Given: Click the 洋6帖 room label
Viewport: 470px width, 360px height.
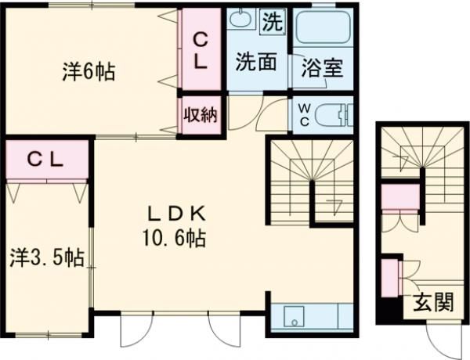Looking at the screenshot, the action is pyautogui.click(x=89, y=71).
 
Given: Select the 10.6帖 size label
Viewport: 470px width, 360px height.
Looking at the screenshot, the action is pyautogui.click(x=175, y=238).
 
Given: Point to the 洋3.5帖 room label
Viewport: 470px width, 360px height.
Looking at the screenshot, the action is pyautogui.click(x=47, y=257).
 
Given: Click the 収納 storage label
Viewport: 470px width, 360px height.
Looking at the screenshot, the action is pyautogui.click(x=201, y=114).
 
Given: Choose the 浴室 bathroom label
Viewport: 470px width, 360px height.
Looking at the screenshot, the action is pyautogui.click(x=322, y=67).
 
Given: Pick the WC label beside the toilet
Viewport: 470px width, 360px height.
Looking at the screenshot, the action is pyautogui.click(x=305, y=115).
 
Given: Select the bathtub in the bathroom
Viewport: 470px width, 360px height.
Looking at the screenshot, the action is pyautogui.click(x=323, y=27).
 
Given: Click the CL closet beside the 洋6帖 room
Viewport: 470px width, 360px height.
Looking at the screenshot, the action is pyautogui.click(x=201, y=49).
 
